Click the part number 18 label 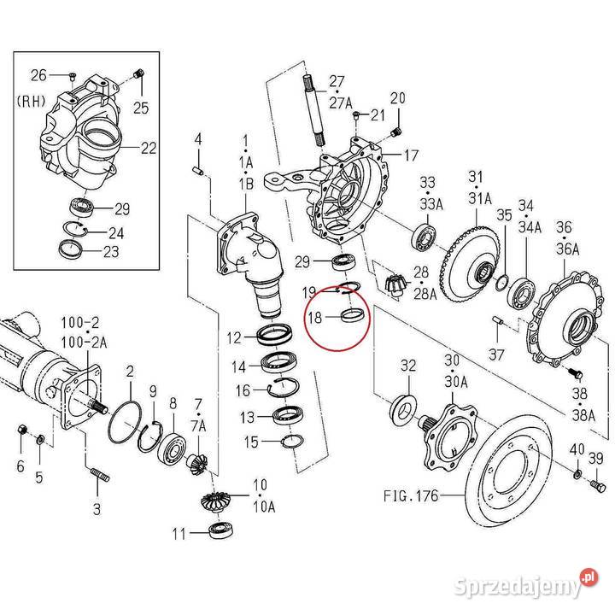[314, 317]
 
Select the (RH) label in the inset [31, 100]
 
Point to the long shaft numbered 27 [314, 110]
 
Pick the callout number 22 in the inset [149, 148]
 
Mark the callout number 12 [233, 338]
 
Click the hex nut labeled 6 [23, 430]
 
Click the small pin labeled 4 [198, 173]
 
